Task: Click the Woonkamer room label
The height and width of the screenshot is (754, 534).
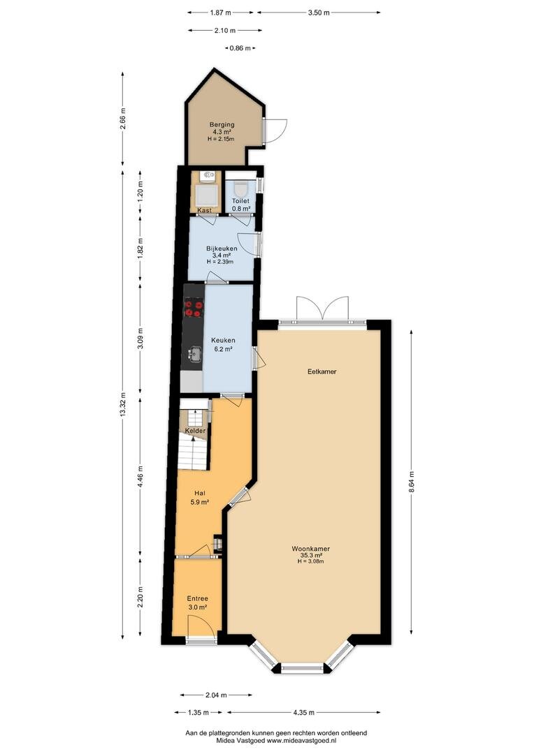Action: point(310,549)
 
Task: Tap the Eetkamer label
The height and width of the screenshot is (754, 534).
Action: point(322,371)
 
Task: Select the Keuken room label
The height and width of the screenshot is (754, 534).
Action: point(222,341)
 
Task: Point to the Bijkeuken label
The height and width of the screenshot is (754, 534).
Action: point(222,249)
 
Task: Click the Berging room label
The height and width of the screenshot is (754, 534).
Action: point(222,124)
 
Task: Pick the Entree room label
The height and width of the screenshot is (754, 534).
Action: point(197,599)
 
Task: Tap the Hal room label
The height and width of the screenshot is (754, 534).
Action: point(200,493)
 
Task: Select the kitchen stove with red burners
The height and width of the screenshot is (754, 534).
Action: point(194,308)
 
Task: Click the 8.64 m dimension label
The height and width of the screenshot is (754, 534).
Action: point(411,481)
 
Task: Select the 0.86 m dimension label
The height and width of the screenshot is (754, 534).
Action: point(240,48)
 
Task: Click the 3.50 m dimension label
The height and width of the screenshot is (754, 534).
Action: point(318,13)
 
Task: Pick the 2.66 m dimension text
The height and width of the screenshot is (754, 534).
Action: point(123,118)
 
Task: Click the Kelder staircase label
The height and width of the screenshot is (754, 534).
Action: point(195,431)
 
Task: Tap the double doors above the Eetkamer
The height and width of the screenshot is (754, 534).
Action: point(322,308)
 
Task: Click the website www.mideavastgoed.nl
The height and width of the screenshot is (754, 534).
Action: point(301,741)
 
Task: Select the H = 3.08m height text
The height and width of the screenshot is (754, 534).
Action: point(310,561)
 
